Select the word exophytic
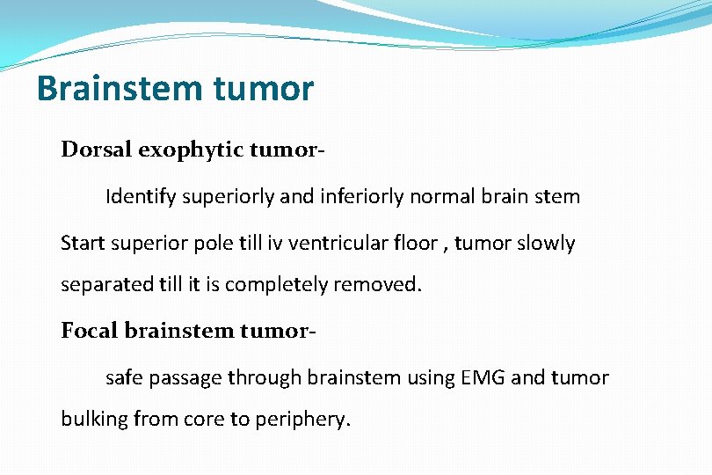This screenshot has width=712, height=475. [189, 150]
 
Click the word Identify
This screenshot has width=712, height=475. [141, 196]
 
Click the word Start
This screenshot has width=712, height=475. [81, 243]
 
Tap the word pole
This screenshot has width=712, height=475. [214, 243]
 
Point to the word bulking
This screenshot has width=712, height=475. [94, 419]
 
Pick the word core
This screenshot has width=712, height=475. [205, 419]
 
